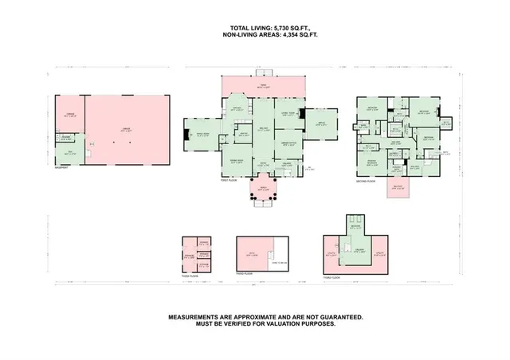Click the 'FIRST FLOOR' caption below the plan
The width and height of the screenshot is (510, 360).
[x=229, y=181]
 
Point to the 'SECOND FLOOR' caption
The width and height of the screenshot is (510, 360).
[x=366, y=181]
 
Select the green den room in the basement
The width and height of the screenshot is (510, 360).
[x=70, y=153]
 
